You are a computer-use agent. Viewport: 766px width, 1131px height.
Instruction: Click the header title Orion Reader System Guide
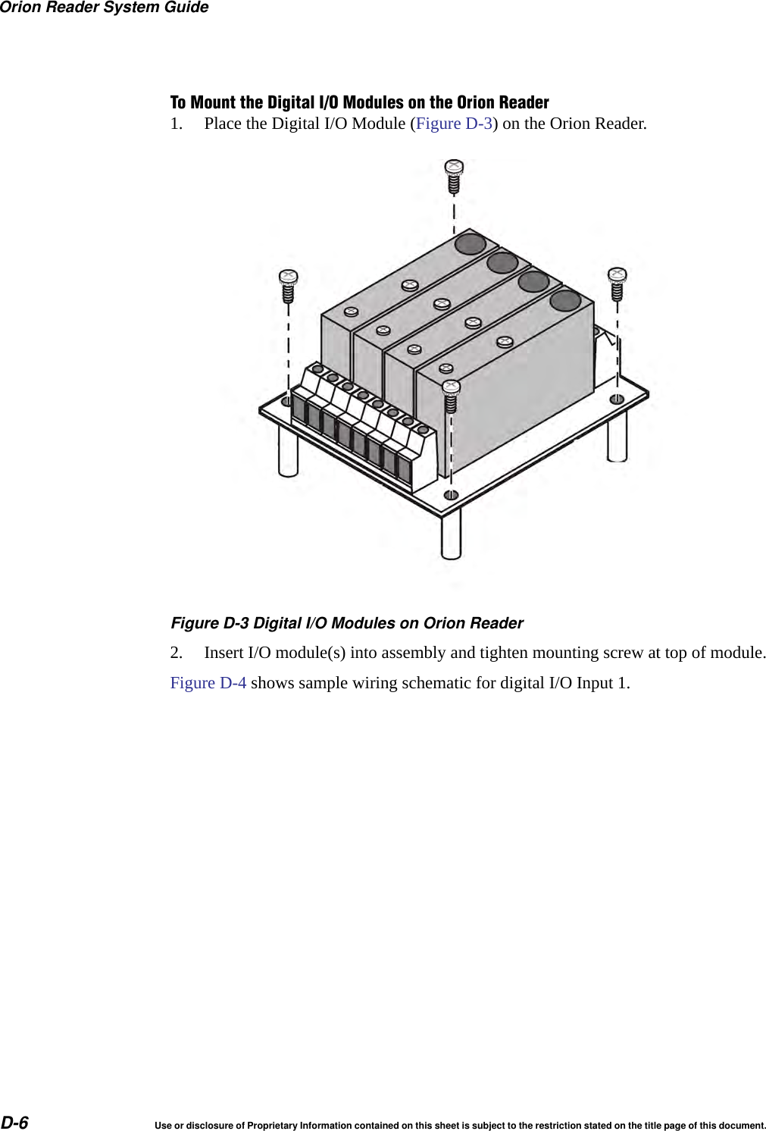104,8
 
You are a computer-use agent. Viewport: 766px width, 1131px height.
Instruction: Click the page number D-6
14,1122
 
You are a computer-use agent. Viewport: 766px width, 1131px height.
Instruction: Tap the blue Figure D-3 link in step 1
454,124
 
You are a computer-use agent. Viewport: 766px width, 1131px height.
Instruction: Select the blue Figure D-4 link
208,683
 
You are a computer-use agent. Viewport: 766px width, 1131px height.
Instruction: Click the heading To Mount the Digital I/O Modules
359,102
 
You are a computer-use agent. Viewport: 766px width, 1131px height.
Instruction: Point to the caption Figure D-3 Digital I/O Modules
346,623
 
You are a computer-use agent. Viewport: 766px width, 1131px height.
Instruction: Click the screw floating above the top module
454,177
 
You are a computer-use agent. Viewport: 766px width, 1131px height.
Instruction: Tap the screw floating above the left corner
288,285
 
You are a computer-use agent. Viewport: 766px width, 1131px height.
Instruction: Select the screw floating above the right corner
617,283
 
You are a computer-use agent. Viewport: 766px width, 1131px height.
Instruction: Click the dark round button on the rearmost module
470,243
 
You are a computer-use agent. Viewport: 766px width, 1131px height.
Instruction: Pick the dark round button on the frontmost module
565,300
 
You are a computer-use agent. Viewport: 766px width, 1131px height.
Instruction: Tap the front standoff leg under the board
451,534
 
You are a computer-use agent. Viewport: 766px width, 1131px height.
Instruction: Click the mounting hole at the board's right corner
617,399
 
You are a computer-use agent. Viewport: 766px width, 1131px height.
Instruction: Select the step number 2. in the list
177,653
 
